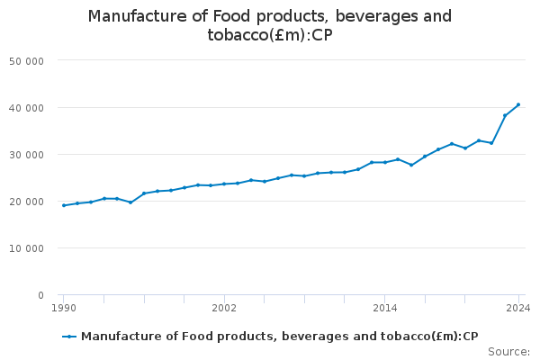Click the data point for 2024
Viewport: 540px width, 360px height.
coord(518,104)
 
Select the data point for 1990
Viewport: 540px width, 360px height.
coord(63,205)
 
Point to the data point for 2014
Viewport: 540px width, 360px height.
coord(384,162)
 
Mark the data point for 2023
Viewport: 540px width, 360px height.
coord(505,115)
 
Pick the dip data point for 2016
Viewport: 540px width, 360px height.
coord(411,165)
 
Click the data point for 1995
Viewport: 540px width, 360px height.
coord(130,202)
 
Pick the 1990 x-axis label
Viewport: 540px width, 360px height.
coord(63,308)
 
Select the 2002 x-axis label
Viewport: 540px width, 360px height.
coord(224,308)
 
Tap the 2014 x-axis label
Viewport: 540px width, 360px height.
coord(384,308)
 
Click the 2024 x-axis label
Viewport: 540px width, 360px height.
coord(517,308)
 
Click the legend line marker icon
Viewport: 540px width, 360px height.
coord(69,337)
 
